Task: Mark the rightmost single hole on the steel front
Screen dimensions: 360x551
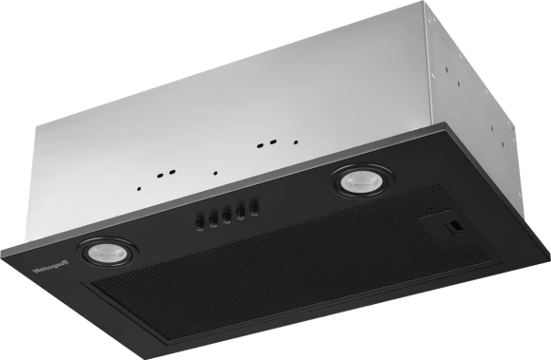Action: tap(295, 140)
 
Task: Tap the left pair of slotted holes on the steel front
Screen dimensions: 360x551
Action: tap(165, 175)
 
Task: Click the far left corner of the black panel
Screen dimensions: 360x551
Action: tap(3, 251)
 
